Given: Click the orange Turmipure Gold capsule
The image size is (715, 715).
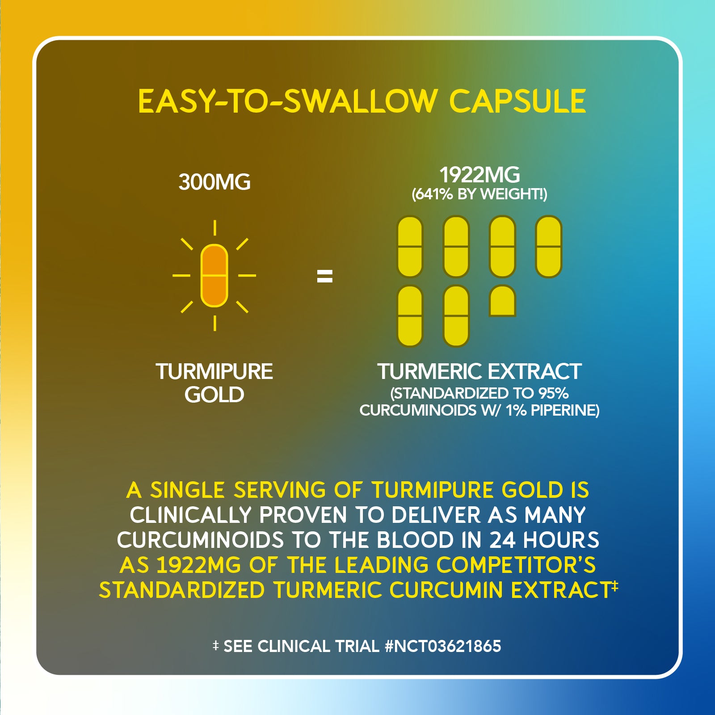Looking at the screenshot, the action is (x=214, y=275).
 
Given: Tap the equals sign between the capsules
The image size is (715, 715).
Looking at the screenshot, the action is (x=325, y=276).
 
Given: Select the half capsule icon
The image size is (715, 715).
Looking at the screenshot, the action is (x=503, y=301).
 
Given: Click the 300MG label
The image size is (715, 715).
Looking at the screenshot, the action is (x=214, y=182).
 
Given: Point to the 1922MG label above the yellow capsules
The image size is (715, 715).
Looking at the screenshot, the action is (x=479, y=175).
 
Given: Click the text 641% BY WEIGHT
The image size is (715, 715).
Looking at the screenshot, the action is (x=479, y=194).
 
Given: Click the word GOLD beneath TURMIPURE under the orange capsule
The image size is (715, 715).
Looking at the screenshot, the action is (x=214, y=395).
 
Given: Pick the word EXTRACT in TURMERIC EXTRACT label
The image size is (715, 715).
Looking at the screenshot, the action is (x=534, y=371).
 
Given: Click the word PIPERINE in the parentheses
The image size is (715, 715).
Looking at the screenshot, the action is (x=565, y=410).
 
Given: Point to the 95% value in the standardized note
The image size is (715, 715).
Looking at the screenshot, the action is (x=554, y=393).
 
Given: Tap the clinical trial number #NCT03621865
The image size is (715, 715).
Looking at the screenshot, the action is (x=442, y=646).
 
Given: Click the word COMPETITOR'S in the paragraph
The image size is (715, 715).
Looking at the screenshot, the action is (x=516, y=565).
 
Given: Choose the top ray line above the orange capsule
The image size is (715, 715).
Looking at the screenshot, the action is (x=215, y=227).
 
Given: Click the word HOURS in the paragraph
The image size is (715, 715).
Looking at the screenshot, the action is (x=561, y=540).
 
